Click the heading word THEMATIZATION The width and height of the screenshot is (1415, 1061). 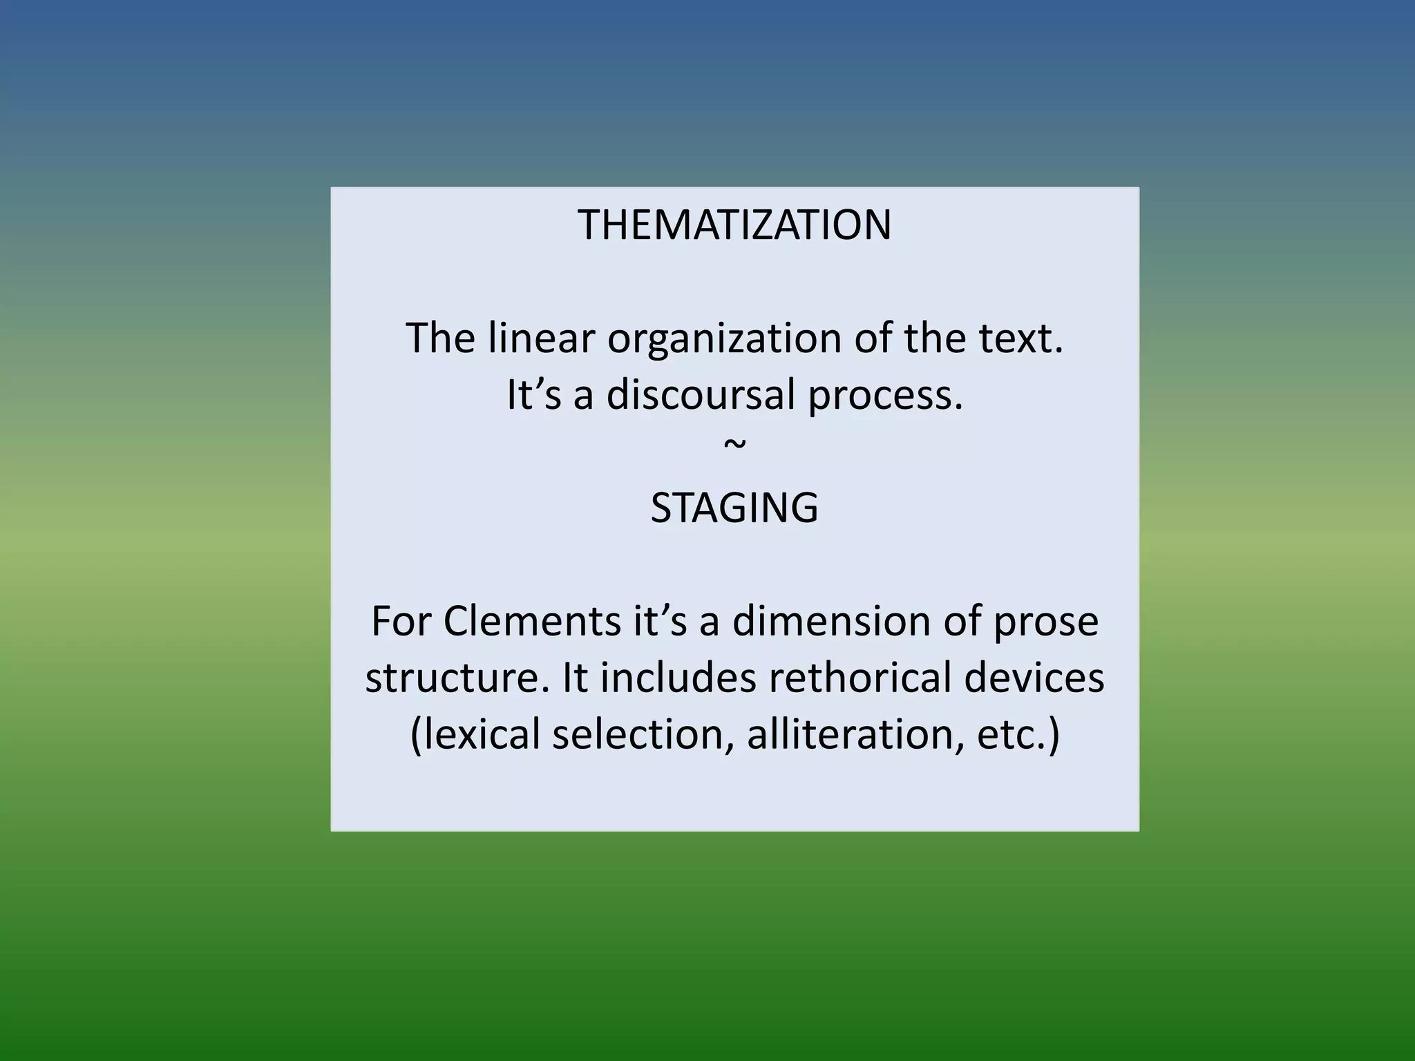click(734, 225)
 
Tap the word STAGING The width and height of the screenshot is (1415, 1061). click(734, 508)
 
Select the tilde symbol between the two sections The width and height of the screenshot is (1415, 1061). click(734, 444)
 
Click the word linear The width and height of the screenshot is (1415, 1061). click(541, 338)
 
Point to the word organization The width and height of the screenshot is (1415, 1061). click(725, 340)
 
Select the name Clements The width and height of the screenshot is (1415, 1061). click(532, 621)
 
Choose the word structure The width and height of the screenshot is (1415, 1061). click(457, 678)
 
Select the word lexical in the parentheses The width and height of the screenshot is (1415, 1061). click(477, 734)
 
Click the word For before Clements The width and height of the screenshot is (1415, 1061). click(401, 621)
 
